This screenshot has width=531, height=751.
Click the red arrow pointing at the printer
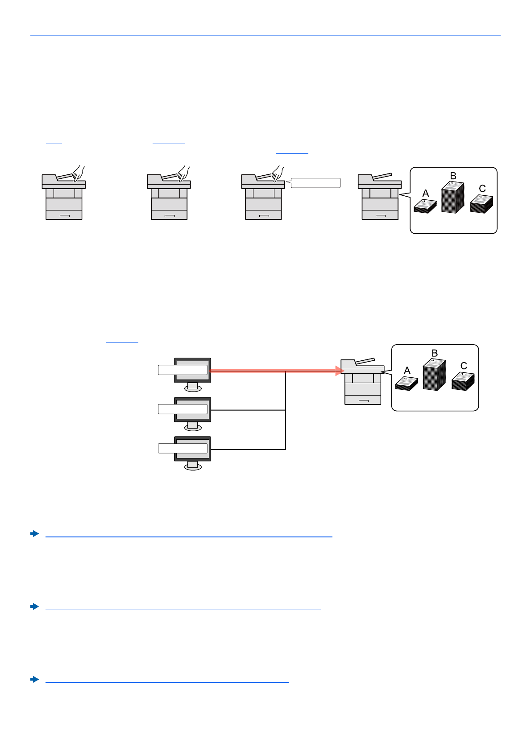(x=277, y=371)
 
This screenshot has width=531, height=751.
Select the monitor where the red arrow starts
(x=192, y=375)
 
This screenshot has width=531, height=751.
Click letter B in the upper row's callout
(x=453, y=176)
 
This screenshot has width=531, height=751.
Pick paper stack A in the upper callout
(x=425, y=206)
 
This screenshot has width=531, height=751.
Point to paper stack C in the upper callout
(x=481, y=204)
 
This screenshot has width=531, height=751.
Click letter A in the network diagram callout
(x=407, y=371)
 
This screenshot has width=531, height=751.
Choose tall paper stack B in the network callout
(x=434, y=375)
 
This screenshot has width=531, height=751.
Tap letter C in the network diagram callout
(x=464, y=366)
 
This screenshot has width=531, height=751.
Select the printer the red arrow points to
(x=363, y=382)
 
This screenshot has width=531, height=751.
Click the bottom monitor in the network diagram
(x=192, y=453)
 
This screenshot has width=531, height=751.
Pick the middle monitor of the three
(x=192, y=414)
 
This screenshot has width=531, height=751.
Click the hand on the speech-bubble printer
(x=278, y=173)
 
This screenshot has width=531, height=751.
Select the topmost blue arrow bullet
(x=34, y=533)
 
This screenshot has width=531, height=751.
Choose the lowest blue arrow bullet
(x=34, y=679)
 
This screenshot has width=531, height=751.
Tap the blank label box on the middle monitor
(x=183, y=409)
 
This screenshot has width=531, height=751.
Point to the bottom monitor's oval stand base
(x=193, y=466)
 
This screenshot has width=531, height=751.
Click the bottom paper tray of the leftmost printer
(x=64, y=215)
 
